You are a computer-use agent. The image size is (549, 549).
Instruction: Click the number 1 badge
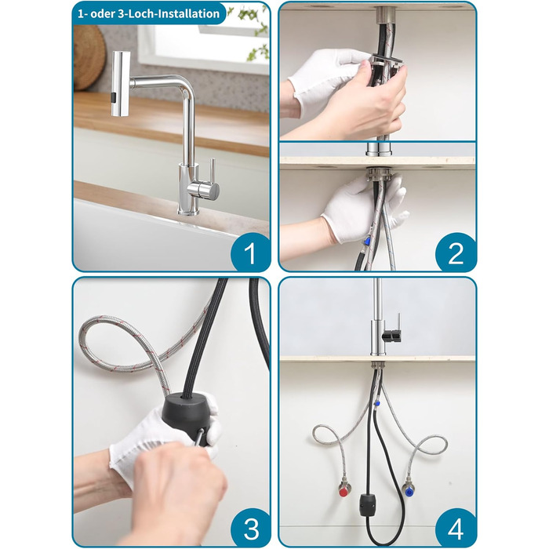[x=250, y=253]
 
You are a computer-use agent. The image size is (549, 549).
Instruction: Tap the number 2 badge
[x=455, y=253]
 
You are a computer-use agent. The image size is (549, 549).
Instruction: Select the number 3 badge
[x=250, y=528]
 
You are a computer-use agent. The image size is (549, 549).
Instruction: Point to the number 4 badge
[x=455, y=528]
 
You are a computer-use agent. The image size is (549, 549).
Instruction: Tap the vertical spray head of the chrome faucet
[x=120, y=84]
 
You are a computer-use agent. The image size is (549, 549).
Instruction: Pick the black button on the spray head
[x=114, y=98]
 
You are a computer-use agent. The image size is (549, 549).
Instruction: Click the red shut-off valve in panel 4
[x=344, y=493]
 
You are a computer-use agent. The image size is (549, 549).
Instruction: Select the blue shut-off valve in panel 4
[x=409, y=493]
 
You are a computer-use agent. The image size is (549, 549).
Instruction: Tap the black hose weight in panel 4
[x=367, y=504]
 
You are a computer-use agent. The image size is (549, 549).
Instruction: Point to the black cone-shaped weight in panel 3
[x=187, y=416]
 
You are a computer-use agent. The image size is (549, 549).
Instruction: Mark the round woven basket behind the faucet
[x=89, y=58]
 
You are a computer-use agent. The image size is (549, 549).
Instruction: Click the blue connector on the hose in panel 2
[x=367, y=241]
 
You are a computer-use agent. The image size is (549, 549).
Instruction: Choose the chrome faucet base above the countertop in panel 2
[x=376, y=149]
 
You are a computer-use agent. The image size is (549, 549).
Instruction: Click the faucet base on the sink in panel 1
[x=188, y=210]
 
